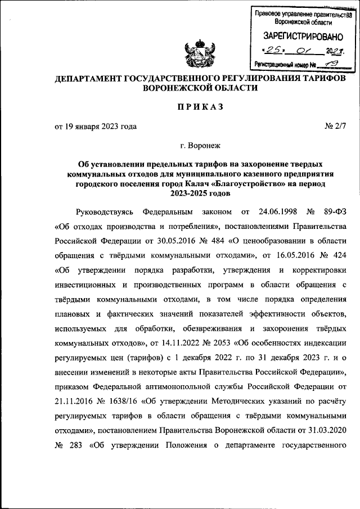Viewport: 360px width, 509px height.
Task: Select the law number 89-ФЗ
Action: tap(334, 212)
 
